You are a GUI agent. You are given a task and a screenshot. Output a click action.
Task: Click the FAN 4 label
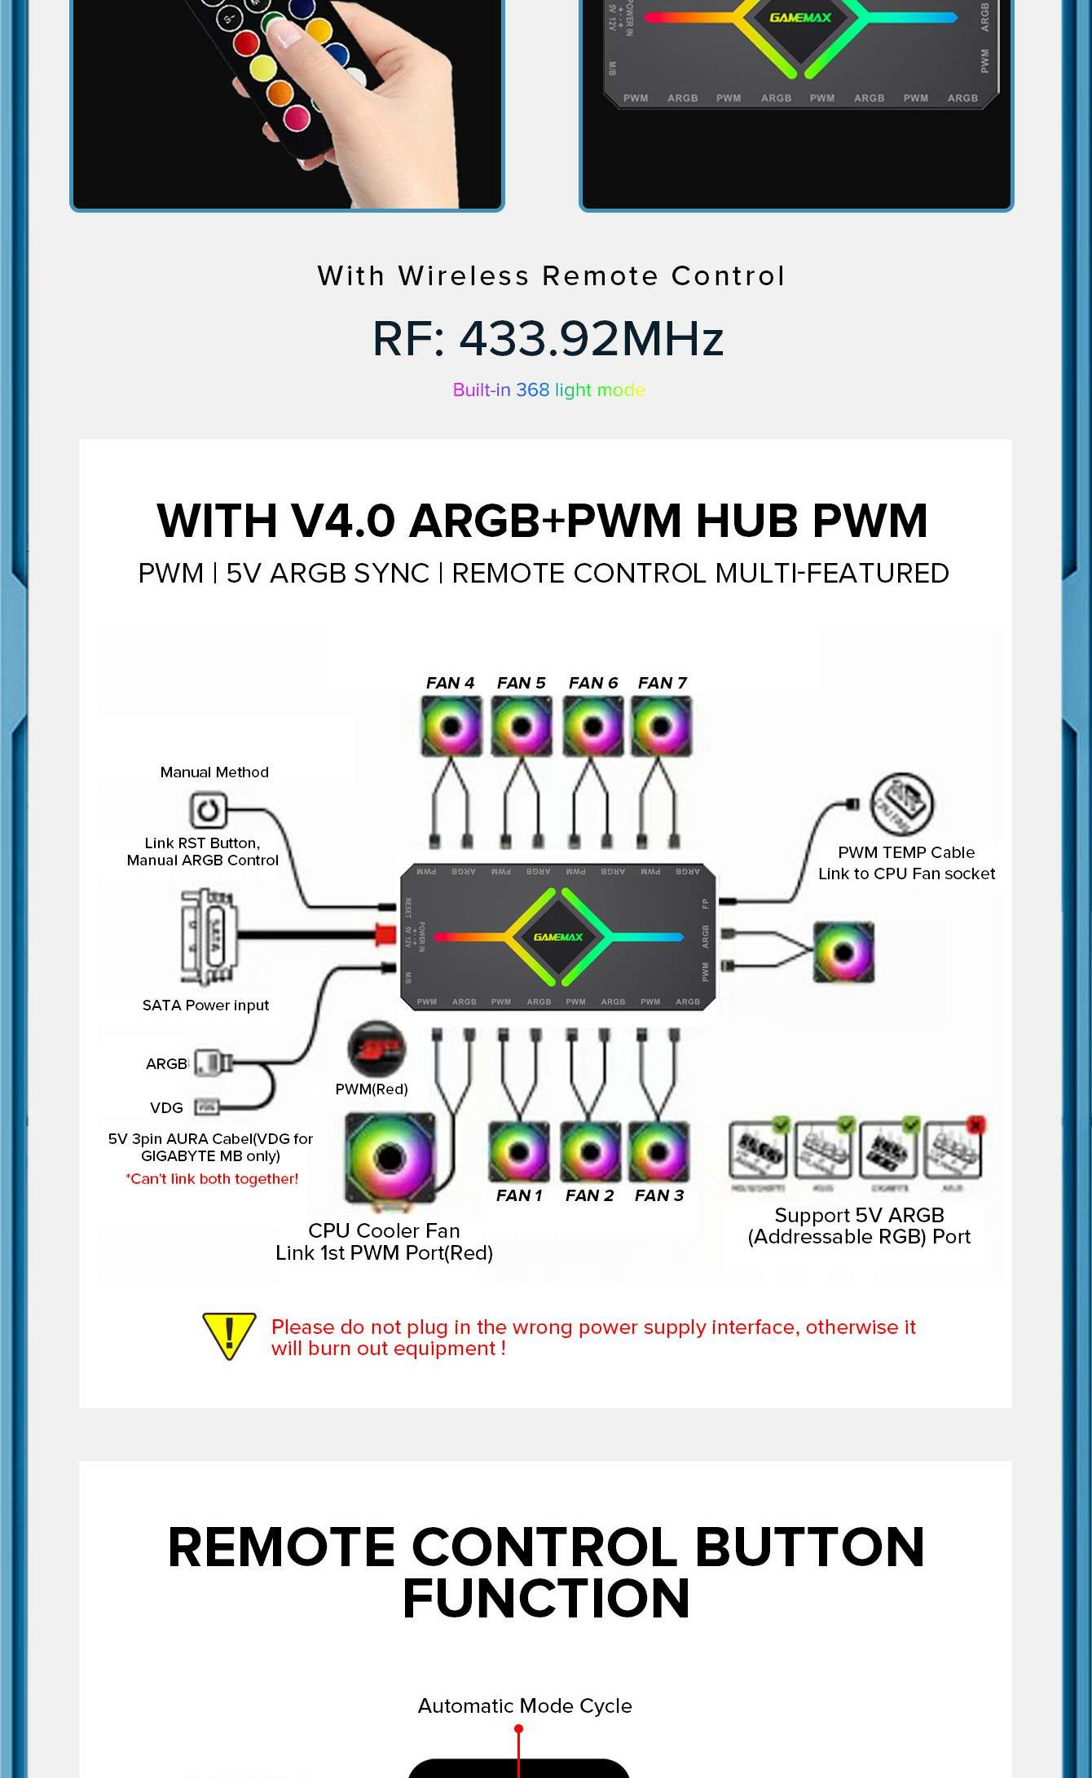pyautogui.click(x=450, y=683)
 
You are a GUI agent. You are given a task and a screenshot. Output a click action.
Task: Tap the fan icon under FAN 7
pyautogui.click(x=661, y=726)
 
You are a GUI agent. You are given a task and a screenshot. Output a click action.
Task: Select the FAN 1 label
pyautogui.click(x=519, y=1195)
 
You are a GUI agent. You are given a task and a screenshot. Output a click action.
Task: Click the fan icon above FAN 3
pyautogui.click(x=658, y=1151)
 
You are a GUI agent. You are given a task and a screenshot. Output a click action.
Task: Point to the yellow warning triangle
pyautogui.click(x=229, y=1336)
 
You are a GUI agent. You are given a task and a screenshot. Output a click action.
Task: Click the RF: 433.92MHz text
pyautogui.click(x=548, y=339)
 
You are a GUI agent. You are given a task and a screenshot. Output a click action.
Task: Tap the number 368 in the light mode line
pyautogui.click(x=532, y=390)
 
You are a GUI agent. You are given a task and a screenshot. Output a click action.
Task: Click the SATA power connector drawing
pyautogui.click(x=207, y=937)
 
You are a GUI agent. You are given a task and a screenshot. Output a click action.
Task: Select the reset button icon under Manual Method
pyautogui.click(x=207, y=811)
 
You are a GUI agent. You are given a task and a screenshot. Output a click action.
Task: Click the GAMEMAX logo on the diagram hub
pyautogui.click(x=558, y=937)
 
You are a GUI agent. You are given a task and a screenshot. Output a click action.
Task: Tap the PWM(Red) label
pyautogui.click(x=372, y=1089)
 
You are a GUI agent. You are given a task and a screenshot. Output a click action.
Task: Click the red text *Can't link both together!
pyautogui.click(x=212, y=1179)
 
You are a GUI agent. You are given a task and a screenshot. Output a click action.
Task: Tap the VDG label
pyautogui.click(x=166, y=1108)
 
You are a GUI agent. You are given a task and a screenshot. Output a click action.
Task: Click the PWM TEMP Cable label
pyautogui.click(x=906, y=852)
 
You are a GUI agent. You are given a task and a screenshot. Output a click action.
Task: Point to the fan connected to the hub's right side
pyautogui.click(x=843, y=952)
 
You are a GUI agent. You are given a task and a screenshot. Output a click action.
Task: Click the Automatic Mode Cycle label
pyautogui.click(x=525, y=1705)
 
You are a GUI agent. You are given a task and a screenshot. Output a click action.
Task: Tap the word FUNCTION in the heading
pyautogui.click(x=546, y=1598)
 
